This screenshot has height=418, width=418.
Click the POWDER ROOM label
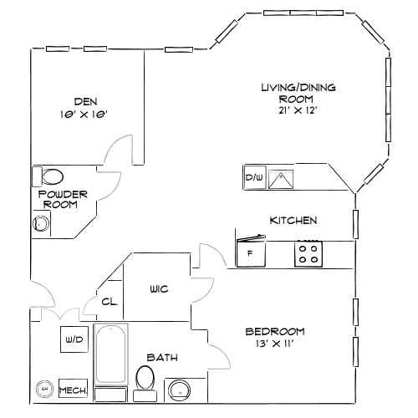pyautogui.click(x=64, y=199)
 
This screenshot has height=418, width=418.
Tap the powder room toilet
pyautogui.click(x=52, y=176)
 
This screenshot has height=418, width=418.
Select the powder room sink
pyautogui.click(x=39, y=223)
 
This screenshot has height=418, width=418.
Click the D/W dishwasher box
pyautogui.click(x=254, y=178)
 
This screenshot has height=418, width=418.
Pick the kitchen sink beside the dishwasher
pyautogui.click(x=280, y=177)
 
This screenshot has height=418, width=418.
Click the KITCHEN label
pyautogui.click(x=293, y=221)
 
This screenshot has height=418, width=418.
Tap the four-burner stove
pyautogui.click(x=308, y=253)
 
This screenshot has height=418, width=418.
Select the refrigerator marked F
pyautogui.click(x=251, y=253)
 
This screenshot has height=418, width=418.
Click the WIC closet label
pyautogui.click(x=160, y=289)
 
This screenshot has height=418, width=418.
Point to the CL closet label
pyautogui.click(x=110, y=302)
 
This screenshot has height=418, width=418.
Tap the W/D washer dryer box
pyautogui.click(x=74, y=341)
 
